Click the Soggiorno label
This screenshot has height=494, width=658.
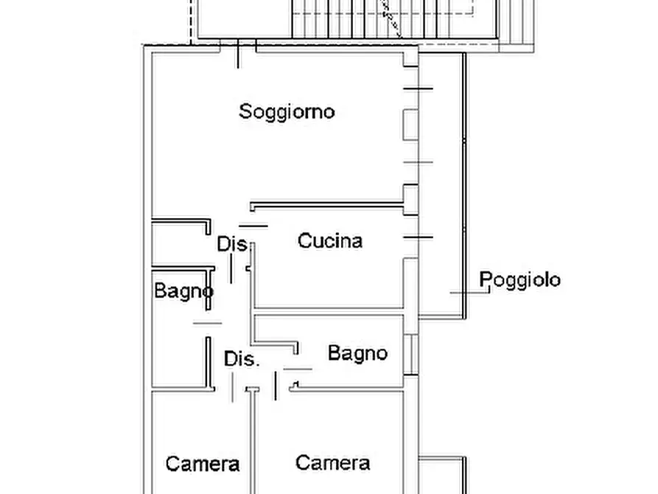click(x=287, y=112)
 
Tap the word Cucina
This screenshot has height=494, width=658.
click(x=330, y=241)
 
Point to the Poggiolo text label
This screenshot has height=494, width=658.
click(x=519, y=280)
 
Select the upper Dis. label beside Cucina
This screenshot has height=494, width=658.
click(x=231, y=244)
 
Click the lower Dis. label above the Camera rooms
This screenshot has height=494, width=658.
click(x=242, y=360)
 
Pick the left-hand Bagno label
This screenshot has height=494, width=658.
click(x=183, y=291)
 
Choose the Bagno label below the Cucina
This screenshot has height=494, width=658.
click(x=357, y=353)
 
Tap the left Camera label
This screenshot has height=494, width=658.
click(x=203, y=464)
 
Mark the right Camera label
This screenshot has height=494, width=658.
click(x=332, y=463)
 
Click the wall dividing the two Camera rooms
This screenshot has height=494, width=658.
click(x=253, y=442)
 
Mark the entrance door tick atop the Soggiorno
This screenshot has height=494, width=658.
click(x=238, y=56)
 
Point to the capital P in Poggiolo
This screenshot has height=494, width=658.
click(x=486, y=280)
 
